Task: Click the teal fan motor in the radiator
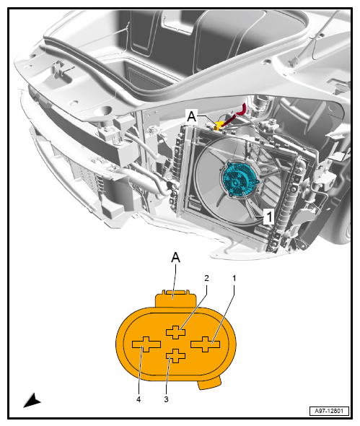(x=240, y=180)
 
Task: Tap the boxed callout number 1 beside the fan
(x=269, y=217)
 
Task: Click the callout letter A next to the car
(x=192, y=117)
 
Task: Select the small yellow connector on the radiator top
(x=219, y=125)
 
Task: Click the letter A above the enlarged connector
(x=175, y=257)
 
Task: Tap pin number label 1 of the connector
(x=234, y=278)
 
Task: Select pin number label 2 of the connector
(x=206, y=278)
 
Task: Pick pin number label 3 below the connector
(x=166, y=399)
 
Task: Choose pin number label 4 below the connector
(x=139, y=399)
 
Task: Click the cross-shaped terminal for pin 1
(x=205, y=344)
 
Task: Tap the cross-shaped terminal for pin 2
(x=175, y=332)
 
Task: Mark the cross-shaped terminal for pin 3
(x=175, y=356)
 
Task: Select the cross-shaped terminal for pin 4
(x=146, y=344)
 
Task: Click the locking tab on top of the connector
(x=175, y=299)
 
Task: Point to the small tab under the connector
(x=210, y=383)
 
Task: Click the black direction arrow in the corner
(x=32, y=400)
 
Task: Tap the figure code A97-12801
(x=329, y=411)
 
